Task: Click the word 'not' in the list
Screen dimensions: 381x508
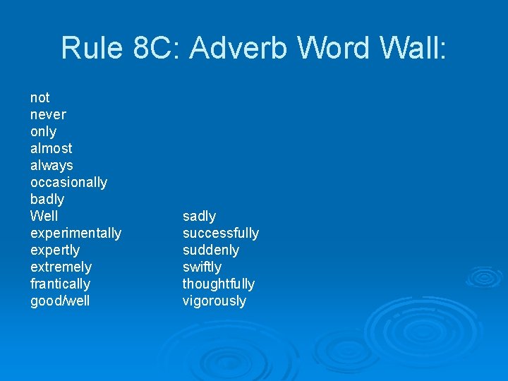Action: point(40,97)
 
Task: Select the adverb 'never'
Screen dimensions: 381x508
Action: point(48,114)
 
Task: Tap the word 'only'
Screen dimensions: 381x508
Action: point(43,132)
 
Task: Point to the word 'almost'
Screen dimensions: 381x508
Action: point(51,148)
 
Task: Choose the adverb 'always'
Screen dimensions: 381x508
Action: point(52,166)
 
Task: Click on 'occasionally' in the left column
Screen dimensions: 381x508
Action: point(68,182)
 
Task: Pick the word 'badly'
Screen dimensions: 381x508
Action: point(47,200)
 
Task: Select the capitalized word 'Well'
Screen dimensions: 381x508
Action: point(44,216)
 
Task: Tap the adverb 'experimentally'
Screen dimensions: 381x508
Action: point(75,234)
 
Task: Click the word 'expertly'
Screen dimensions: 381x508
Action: point(55,250)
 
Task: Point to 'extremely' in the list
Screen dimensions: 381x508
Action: point(61,267)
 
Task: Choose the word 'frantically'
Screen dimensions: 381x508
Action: point(60,284)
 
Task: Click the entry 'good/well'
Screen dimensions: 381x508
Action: point(60,301)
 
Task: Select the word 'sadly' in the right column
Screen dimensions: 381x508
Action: point(199,216)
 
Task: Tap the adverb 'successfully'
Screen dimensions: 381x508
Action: point(220,234)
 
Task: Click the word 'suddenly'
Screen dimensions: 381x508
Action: point(210,250)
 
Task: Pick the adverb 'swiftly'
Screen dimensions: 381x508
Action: point(202,267)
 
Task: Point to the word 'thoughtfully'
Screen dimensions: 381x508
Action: point(218,284)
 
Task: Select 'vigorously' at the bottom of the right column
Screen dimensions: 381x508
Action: point(214,301)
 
